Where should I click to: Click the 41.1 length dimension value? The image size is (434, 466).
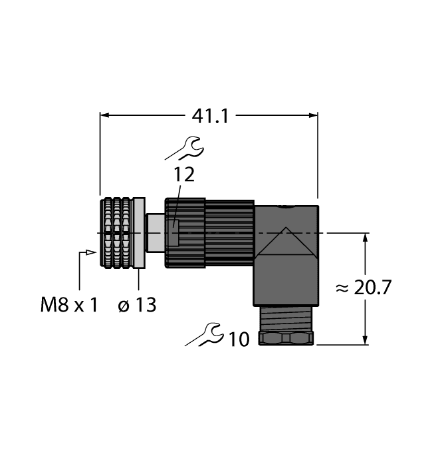click(x=210, y=115)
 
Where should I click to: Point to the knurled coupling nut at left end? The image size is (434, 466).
click(x=116, y=233)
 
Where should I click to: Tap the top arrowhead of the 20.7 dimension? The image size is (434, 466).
click(x=365, y=238)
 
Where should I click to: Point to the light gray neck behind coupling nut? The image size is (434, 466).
click(x=154, y=233)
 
